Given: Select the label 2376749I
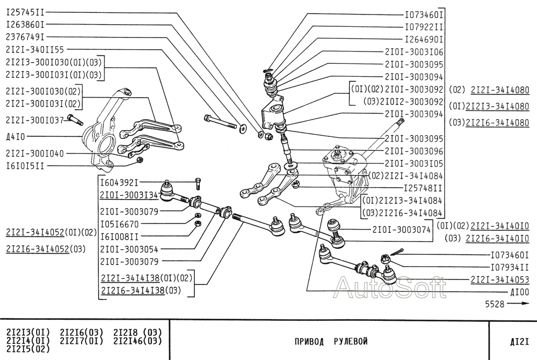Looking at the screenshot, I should (25, 37).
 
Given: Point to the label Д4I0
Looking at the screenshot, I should (15, 137).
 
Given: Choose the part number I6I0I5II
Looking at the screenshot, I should (25, 166).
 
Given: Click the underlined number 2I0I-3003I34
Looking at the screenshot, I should (129, 195).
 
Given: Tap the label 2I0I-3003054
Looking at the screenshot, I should (129, 249).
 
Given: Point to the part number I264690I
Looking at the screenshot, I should (424, 39).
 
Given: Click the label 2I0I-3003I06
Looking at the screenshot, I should (414, 52).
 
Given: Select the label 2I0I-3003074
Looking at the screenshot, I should (402, 230).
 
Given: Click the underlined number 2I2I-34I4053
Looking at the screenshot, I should (499, 280).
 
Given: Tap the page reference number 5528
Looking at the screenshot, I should (495, 304).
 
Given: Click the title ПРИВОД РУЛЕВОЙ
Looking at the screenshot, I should (331, 341).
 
